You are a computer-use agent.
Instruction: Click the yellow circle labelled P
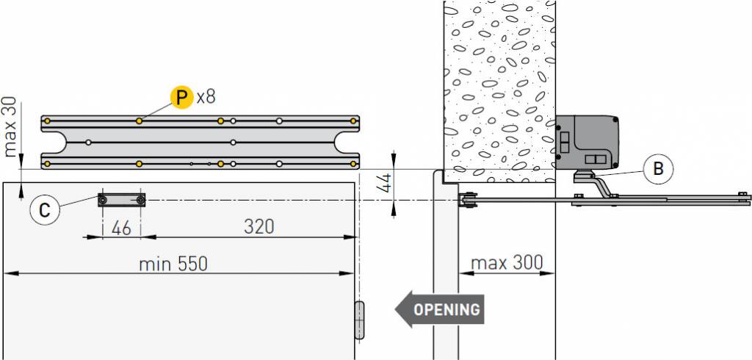point(181,98)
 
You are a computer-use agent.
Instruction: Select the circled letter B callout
point(659,168)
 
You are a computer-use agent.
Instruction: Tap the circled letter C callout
point(45,211)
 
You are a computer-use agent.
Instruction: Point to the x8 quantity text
point(206,98)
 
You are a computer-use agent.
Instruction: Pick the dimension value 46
point(121,228)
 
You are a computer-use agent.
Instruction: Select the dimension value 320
point(259,226)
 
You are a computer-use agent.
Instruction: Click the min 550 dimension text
point(173,264)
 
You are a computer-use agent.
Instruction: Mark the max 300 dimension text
point(507,262)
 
